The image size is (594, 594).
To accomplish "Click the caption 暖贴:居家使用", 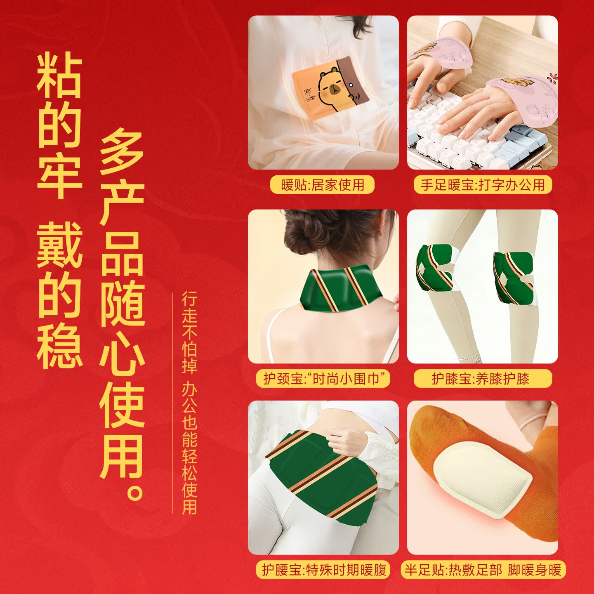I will coord(323,184).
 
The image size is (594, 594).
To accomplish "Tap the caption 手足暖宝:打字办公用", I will coord(483,184).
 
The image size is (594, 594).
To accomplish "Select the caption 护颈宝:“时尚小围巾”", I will coord(323,378).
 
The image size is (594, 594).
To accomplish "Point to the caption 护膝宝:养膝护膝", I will coord(482,378).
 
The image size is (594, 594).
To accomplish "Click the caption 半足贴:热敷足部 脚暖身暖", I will coord(483,570).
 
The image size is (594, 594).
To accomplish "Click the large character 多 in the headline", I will coord(121,151).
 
